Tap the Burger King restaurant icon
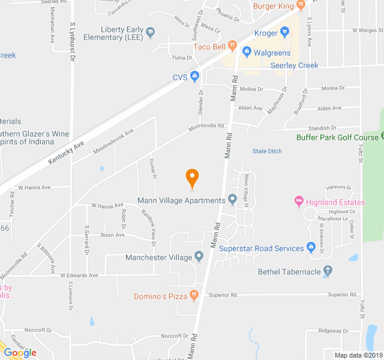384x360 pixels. tap(301, 6)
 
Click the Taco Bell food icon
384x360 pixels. tap(232, 46)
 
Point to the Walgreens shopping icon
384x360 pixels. tap(246, 53)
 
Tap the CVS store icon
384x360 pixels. tap(195, 76)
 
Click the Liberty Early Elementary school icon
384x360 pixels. tap(150, 32)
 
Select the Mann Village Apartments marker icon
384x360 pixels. tap(232, 200)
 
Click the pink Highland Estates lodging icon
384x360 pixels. tap(298, 202)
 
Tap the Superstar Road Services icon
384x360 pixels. tap(311, 247)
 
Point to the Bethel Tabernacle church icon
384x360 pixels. tap(327, 272)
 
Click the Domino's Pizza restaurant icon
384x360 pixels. tap(194, 295)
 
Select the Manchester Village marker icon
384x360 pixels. tap(199, 257)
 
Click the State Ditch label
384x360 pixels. tap(267, 151)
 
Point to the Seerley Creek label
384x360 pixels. tap(294, 65)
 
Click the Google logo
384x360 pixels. tap(20, 352)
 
